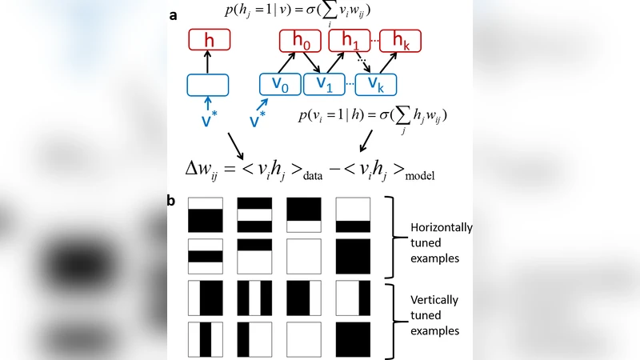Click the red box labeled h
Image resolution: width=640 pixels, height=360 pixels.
[x=210, y=40]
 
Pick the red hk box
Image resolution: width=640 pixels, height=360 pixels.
[x=399, y=41]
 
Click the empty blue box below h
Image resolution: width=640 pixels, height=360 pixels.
[x=208, y=85]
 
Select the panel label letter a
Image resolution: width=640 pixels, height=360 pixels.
[x=172, y=15]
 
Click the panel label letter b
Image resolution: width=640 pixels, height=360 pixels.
[x=171, y=201]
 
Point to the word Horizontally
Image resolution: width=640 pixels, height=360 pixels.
[x=441, y=227]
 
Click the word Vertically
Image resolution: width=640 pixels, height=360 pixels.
[x=434, y=300]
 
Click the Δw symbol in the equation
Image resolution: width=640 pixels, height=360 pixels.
[x=200, y=170]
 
